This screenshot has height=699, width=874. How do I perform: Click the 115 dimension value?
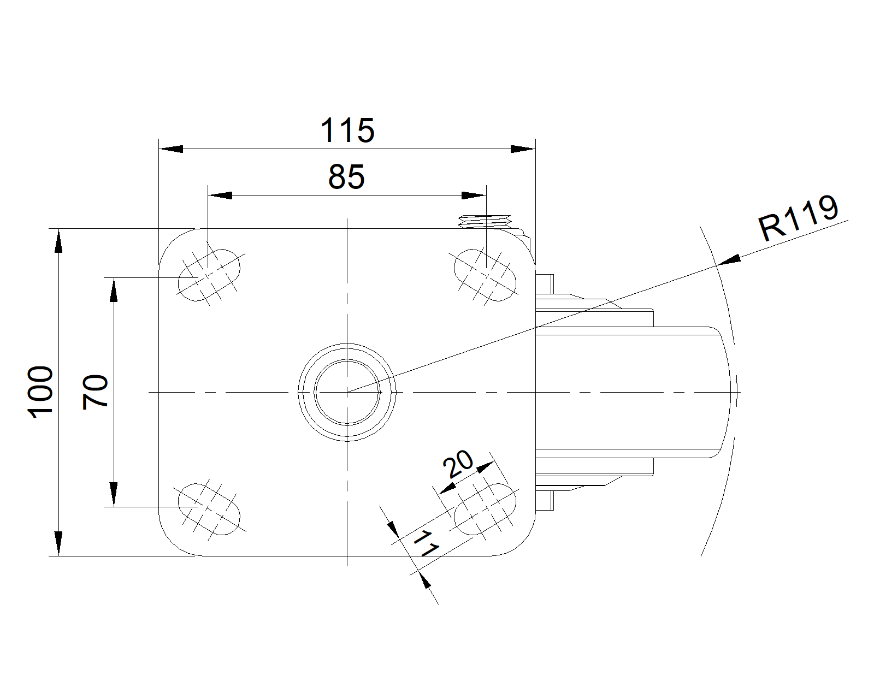[x=347, y=131]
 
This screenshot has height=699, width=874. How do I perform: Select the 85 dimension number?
[x=346, y=177]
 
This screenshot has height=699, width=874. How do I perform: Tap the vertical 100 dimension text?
[x=40, y=392]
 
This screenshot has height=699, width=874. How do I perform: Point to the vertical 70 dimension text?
[x=95, y=392]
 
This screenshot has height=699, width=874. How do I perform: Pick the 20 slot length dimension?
[x=458, y=464]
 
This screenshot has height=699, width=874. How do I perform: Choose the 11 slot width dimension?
[x=426, y=543]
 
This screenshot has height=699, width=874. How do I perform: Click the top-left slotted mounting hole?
[x=209, y=275]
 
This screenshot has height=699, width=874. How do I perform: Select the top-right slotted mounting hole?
[x=485, y=275]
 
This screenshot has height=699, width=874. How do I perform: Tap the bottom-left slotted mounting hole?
[x=209, y=509]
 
